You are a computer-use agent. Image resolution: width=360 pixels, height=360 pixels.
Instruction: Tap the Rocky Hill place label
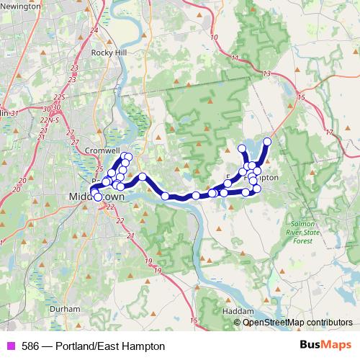[x=109, y=53]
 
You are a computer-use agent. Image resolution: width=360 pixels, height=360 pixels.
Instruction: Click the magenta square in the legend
[x=11, y=346]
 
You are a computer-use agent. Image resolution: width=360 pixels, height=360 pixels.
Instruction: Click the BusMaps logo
[x=324, y=346]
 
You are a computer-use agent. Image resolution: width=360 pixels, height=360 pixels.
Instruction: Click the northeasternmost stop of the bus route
[x=267, y=141]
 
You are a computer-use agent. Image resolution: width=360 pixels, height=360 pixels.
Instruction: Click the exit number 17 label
[x=328, y=132]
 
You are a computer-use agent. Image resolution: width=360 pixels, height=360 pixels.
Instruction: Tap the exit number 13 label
[x=266, y=74]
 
